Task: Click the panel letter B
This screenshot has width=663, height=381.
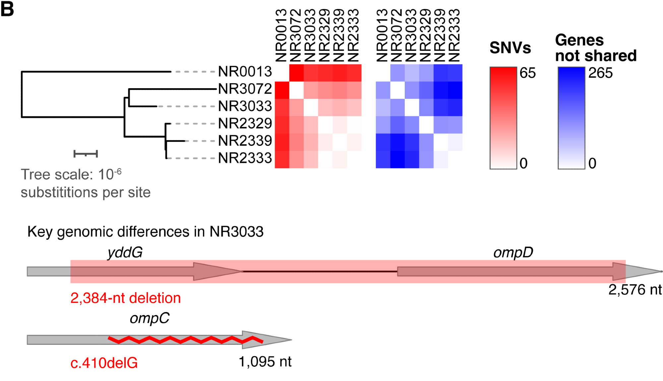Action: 7,9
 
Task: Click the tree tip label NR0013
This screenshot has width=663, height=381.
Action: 245,72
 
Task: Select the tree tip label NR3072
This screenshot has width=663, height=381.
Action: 245,89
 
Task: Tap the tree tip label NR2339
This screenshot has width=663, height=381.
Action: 245,141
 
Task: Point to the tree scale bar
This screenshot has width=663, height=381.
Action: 86,154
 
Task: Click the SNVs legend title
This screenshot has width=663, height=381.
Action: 510,48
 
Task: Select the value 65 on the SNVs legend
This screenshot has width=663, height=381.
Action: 527,73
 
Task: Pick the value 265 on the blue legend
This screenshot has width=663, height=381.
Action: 600,73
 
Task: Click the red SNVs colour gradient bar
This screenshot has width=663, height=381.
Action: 503,118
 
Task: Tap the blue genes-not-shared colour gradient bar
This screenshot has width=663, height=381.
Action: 571,118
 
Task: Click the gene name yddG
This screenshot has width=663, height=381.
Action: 125,253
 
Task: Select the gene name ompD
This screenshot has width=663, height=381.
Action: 513,253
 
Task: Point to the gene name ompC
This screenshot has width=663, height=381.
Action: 149,318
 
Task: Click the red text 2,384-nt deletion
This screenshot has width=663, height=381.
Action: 125,298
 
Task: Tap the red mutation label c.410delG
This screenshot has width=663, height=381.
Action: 104,363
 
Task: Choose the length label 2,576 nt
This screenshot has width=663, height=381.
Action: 635,290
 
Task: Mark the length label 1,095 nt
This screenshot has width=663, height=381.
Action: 265,362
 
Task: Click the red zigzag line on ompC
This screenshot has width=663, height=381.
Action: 186,340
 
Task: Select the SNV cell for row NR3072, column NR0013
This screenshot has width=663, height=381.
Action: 282,90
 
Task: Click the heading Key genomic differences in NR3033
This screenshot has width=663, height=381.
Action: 145,231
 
